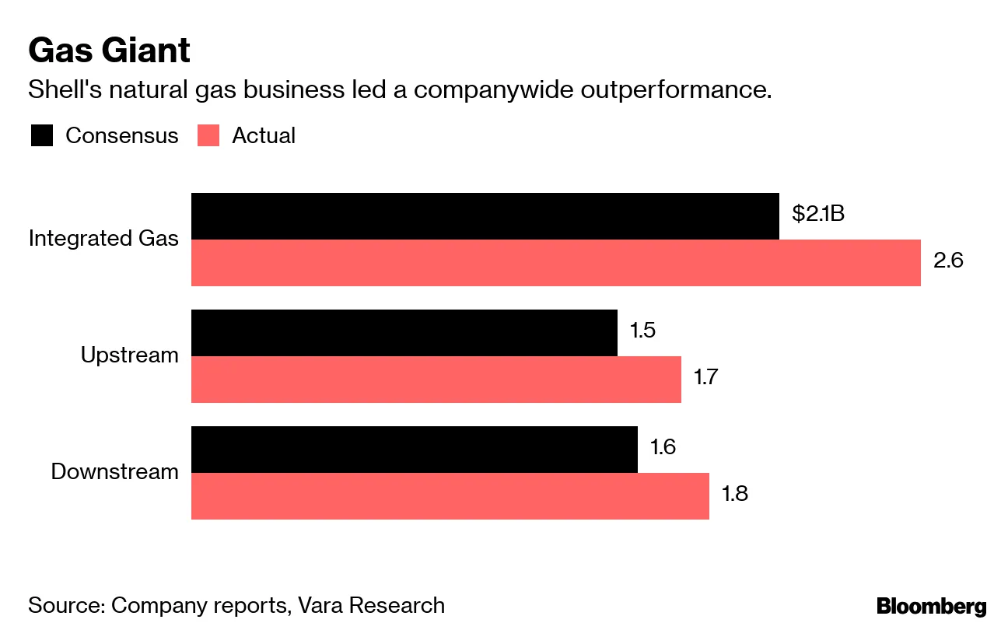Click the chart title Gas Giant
click(109, 51)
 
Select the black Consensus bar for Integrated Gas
click(485, 216)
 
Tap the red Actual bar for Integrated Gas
click(555, 263)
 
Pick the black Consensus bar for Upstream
click(404, 333)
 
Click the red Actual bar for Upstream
click(436, 380)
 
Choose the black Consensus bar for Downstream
click(414, 450)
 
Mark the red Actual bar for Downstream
click(450, 496)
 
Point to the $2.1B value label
click(817, 213)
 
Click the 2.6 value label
click(948, 260)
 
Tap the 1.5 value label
click(642, 330)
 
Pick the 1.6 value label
click(663, 446)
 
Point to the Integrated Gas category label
click(103, 239)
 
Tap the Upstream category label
click(129, 355)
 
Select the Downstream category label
click(114, 472)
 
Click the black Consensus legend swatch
click(41, 135)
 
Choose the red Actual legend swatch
click(208, 135)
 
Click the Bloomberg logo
click(931, 607)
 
